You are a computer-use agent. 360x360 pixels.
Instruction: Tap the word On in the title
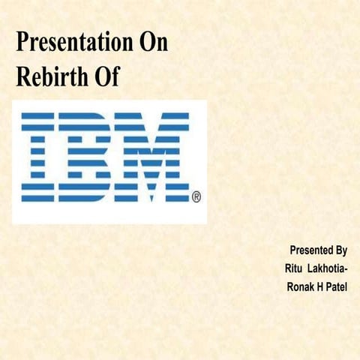click(x=153, y=43)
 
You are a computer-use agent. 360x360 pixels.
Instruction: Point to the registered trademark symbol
click(x=196, y=197)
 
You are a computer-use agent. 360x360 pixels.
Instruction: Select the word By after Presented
click(x=340, y=250)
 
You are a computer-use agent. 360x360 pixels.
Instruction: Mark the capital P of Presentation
click(x=22, y=43)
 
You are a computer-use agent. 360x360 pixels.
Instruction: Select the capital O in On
click(x=147, y=43)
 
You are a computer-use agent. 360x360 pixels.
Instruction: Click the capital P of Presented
click(x=292, y=250)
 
